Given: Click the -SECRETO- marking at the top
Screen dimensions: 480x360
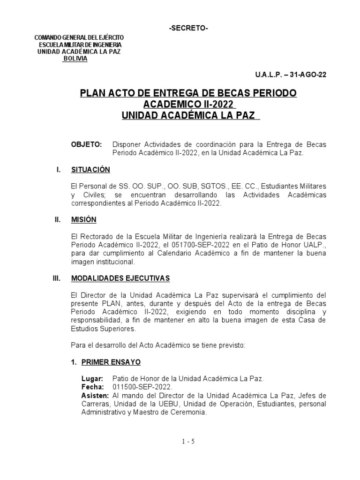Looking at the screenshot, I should (188, 29).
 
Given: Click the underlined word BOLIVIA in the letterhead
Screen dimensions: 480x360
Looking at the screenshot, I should (75, 58).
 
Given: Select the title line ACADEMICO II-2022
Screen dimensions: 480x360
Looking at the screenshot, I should (188, 104).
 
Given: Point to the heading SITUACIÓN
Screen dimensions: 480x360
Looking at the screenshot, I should (90, 169).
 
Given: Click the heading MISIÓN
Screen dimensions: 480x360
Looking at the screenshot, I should (83, 219).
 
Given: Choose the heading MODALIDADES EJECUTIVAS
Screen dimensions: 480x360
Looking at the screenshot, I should (120, 278).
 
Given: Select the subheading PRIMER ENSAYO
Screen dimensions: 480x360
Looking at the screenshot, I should (111, 362).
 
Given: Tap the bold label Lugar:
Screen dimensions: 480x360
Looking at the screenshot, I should (92, 378).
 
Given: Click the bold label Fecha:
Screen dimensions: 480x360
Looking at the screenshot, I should (93, 387).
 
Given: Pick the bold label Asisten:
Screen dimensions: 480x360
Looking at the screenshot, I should (96, 396).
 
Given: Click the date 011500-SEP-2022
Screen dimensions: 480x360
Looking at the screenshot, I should (142, 387).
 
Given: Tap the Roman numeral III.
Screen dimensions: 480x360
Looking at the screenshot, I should (57, 278).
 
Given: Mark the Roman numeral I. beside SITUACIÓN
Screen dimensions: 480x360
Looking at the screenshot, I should (59, 169).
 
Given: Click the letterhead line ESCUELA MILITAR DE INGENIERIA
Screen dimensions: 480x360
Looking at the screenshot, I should (80, 45).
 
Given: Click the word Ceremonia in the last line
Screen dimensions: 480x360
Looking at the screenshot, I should (187, 412).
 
